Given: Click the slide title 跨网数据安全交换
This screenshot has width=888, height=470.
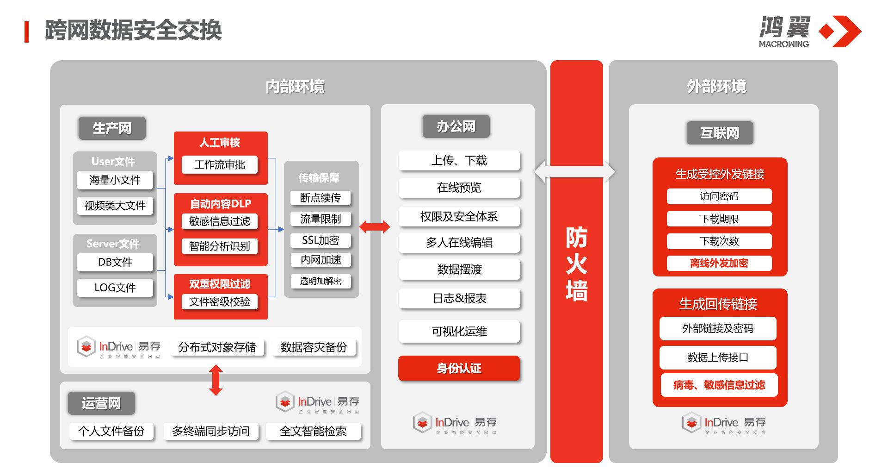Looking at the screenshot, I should (x=133, y=31).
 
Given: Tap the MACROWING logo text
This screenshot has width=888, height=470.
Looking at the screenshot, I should (x=783, y=44).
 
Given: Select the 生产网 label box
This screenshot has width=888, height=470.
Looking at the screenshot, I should (x=112, y=128).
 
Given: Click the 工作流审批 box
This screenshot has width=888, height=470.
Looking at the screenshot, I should (x=220, y=165).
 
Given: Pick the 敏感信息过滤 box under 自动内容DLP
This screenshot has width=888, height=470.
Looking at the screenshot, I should (x=220, y=221).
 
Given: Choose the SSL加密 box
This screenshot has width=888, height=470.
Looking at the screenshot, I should (x=321, y=240).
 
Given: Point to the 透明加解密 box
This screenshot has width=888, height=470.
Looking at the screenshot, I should (x=321, y=281).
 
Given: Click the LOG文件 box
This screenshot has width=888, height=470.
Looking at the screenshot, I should (x=115, y=288).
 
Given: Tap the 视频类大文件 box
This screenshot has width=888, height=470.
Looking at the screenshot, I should (x=115, y=206).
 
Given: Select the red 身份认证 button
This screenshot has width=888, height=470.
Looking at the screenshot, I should (x=459, y=369).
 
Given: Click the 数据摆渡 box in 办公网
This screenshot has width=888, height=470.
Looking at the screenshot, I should (x=459, y=269).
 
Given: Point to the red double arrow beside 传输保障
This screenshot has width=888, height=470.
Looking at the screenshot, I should (x=374, y=227).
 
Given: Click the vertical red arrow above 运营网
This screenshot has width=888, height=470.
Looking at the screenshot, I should (x=216, y=380).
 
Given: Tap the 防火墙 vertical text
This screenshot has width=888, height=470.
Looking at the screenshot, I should (x=576, y=264).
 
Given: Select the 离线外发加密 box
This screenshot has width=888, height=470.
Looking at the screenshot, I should (x=719, y=263).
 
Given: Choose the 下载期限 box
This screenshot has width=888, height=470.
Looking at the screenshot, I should (x=719, y=219).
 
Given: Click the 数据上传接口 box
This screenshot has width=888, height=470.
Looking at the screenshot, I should (x=717, y=357).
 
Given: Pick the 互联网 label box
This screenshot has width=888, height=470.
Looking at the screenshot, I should (x=720, y=133).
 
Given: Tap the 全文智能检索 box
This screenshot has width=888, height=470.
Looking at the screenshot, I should (x=313, y=431).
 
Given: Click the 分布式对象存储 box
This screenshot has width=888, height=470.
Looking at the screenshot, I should (x=217, y=347).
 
